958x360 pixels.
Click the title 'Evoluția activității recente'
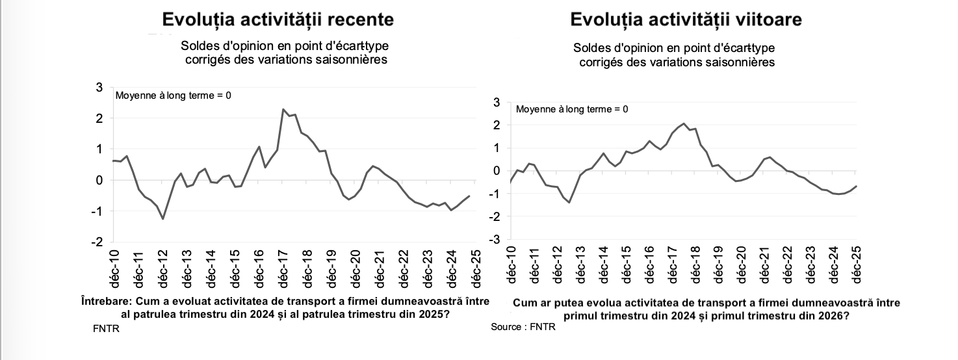[278, 19]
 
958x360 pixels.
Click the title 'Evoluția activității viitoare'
[686, 19]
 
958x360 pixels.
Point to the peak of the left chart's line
[283, 109]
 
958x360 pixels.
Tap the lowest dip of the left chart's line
[162, 219]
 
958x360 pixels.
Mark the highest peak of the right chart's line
[684, 123]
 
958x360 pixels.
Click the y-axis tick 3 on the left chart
[99, 88]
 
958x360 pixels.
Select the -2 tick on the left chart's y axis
[97, 242]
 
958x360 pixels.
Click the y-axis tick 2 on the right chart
[497, 125]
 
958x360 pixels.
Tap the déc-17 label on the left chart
[283, 268]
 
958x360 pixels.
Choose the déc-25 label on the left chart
[476, 268]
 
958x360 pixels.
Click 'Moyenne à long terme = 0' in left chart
[173, 96]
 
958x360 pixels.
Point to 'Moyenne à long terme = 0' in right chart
[572, 109]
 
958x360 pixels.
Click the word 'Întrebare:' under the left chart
[106, 302]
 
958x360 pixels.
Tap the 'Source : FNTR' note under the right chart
[523, 327]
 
